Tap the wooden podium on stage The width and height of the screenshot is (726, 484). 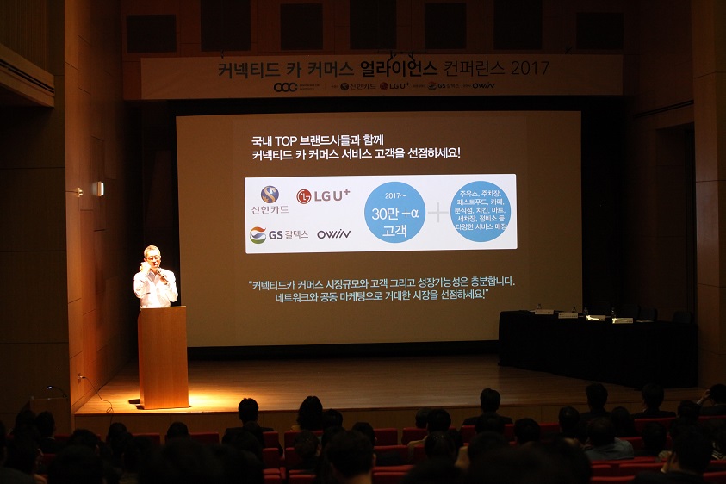pos(163,357)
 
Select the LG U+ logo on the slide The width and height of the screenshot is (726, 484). pos(323,196)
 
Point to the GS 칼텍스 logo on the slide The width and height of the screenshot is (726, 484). pos(278,234)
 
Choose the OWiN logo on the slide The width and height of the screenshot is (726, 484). pos(333,234)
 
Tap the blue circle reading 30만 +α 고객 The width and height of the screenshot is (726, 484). pos(394,213)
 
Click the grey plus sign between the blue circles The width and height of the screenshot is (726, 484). pos(439,213)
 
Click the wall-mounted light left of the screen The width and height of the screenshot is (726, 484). pos(98,189)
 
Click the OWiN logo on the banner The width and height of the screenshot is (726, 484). pos(483,86)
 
